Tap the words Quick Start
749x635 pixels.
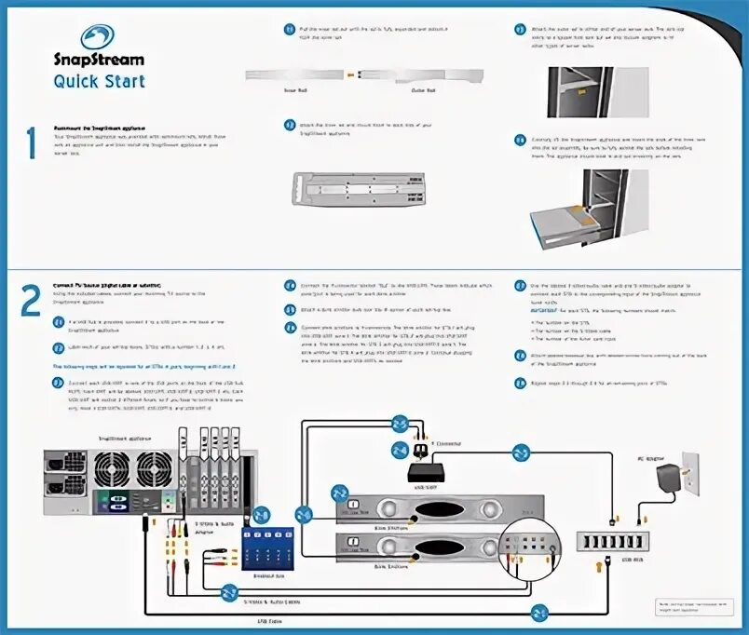pyautogui.click(x=99, y=81)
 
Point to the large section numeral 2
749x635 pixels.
pyautogui.click(x=31, y=300)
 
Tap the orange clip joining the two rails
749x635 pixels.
pyautogui.click(x=350, y=73)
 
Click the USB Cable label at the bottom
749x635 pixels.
pyautogui.click(x=269, y=620)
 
